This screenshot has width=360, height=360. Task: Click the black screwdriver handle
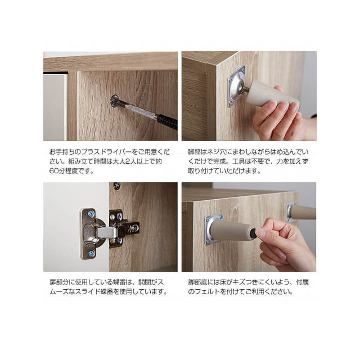[x=167, y=121]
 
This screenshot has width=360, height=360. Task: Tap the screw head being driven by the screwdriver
[x=114, y=101]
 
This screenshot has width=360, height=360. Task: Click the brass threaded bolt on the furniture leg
[x=245, y=89]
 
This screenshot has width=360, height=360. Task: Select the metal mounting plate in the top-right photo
[x=237, y=87]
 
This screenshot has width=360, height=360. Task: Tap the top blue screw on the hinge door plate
[x=91, y=214]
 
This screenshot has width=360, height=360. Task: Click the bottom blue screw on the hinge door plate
[x=91, y=253]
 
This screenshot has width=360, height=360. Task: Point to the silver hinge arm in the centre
[x=107, y=232]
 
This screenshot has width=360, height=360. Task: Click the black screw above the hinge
[x=117, y=186]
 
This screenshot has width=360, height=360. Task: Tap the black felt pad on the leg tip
[x=253, y=233]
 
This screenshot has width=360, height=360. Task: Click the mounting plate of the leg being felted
[x=213, y=229]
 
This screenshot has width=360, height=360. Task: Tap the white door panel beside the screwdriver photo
[x=55, y=107]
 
